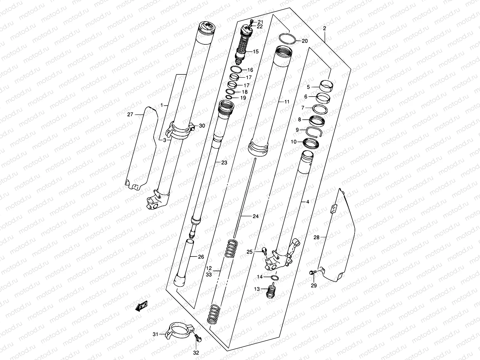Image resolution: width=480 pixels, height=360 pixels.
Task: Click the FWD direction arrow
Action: (x=142, y=306)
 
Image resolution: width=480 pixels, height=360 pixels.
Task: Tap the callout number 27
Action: (x=130, y=114)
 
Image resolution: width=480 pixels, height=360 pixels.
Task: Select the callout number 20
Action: (x=304, y=41)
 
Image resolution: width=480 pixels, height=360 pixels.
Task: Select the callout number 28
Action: (x=316, y=238)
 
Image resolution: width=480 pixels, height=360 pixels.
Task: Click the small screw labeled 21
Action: (x=251, y=21)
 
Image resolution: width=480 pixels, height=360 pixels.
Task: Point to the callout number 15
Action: (x=255, y=52)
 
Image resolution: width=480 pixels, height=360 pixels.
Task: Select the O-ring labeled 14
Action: (x=274, y=277)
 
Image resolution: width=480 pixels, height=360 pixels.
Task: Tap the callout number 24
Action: (x=255, y=216)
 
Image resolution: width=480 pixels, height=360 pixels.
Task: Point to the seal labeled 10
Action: (x=311, y=142)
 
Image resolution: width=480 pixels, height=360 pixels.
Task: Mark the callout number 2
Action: (x=325, y=28)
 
